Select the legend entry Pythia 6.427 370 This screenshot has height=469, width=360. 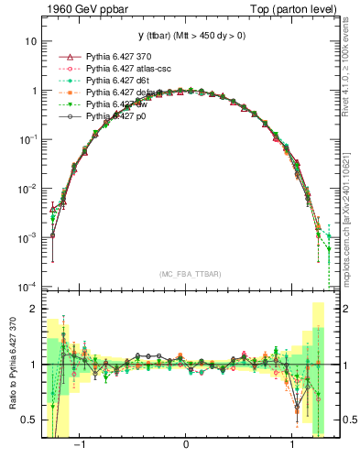coord(123,57)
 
